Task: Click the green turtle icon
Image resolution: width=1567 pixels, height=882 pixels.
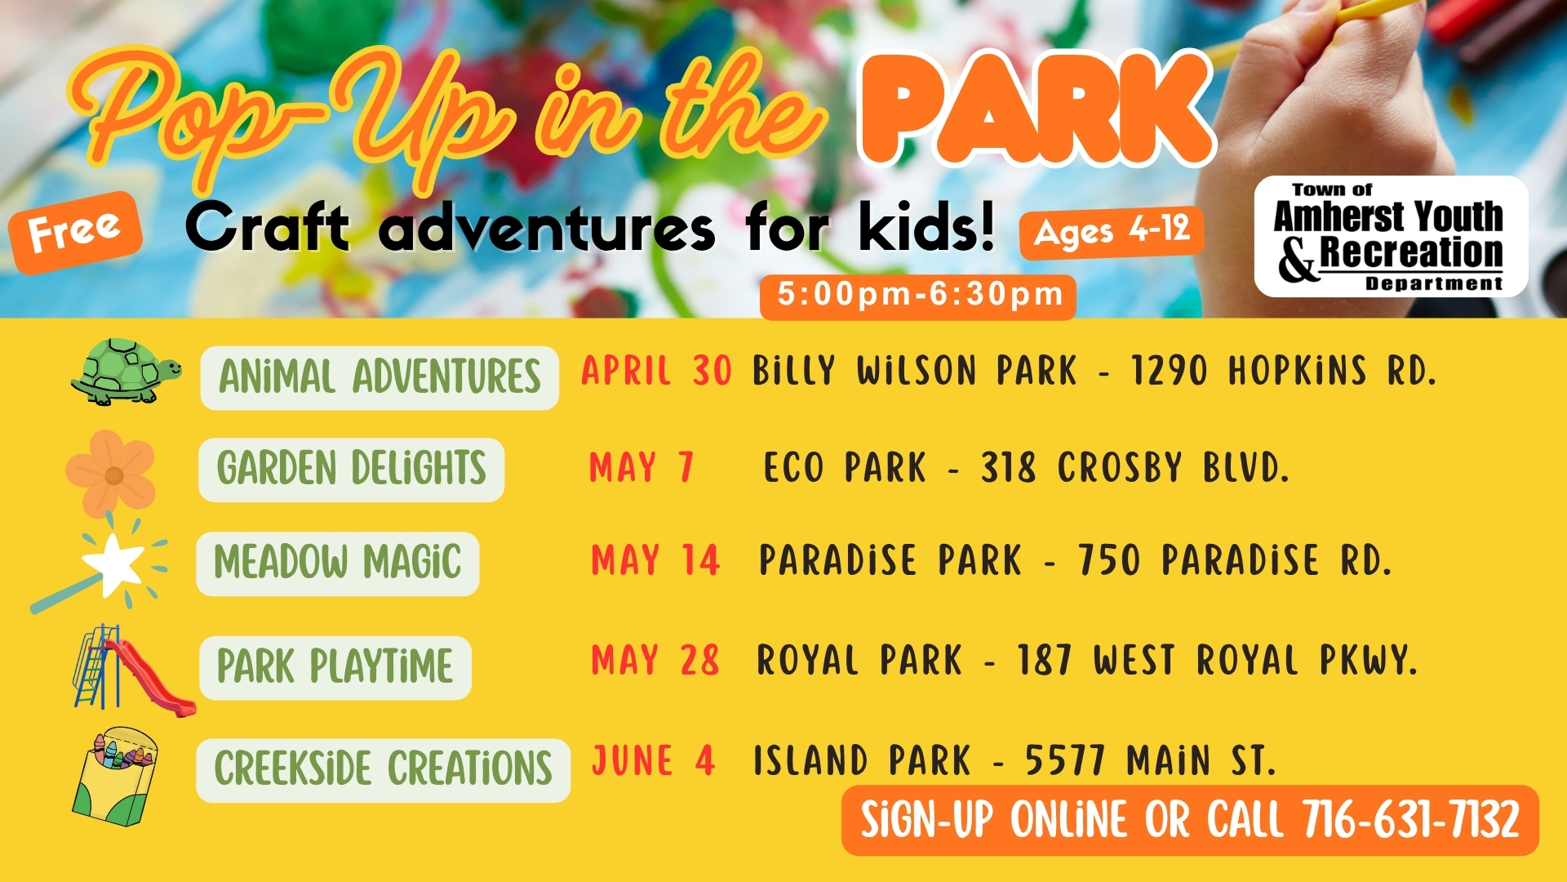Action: [126, 372]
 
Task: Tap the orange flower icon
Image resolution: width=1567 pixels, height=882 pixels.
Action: [110, 474]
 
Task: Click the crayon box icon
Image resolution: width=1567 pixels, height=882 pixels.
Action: [114, 775]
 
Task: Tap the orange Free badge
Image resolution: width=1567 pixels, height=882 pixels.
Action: [76, 232]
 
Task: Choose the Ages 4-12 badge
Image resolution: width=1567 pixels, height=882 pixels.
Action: [1112, 232]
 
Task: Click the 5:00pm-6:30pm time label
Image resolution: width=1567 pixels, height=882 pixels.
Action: [918, 296]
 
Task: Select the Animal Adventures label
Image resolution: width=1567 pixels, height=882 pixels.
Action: [380, 377]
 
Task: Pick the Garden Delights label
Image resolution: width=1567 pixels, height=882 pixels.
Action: [352, 470]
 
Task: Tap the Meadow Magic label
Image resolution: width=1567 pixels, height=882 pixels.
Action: [338, 563]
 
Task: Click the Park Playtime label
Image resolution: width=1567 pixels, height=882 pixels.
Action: [335, 667]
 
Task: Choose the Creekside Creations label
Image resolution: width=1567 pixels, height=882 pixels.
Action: [384, 770]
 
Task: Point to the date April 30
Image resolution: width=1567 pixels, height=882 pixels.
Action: [656, 372]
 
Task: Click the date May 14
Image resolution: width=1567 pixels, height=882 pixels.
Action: [655, 561]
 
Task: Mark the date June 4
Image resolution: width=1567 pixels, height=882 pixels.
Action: [653, 761]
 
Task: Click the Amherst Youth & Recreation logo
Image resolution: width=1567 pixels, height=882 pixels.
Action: [1391, 237]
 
